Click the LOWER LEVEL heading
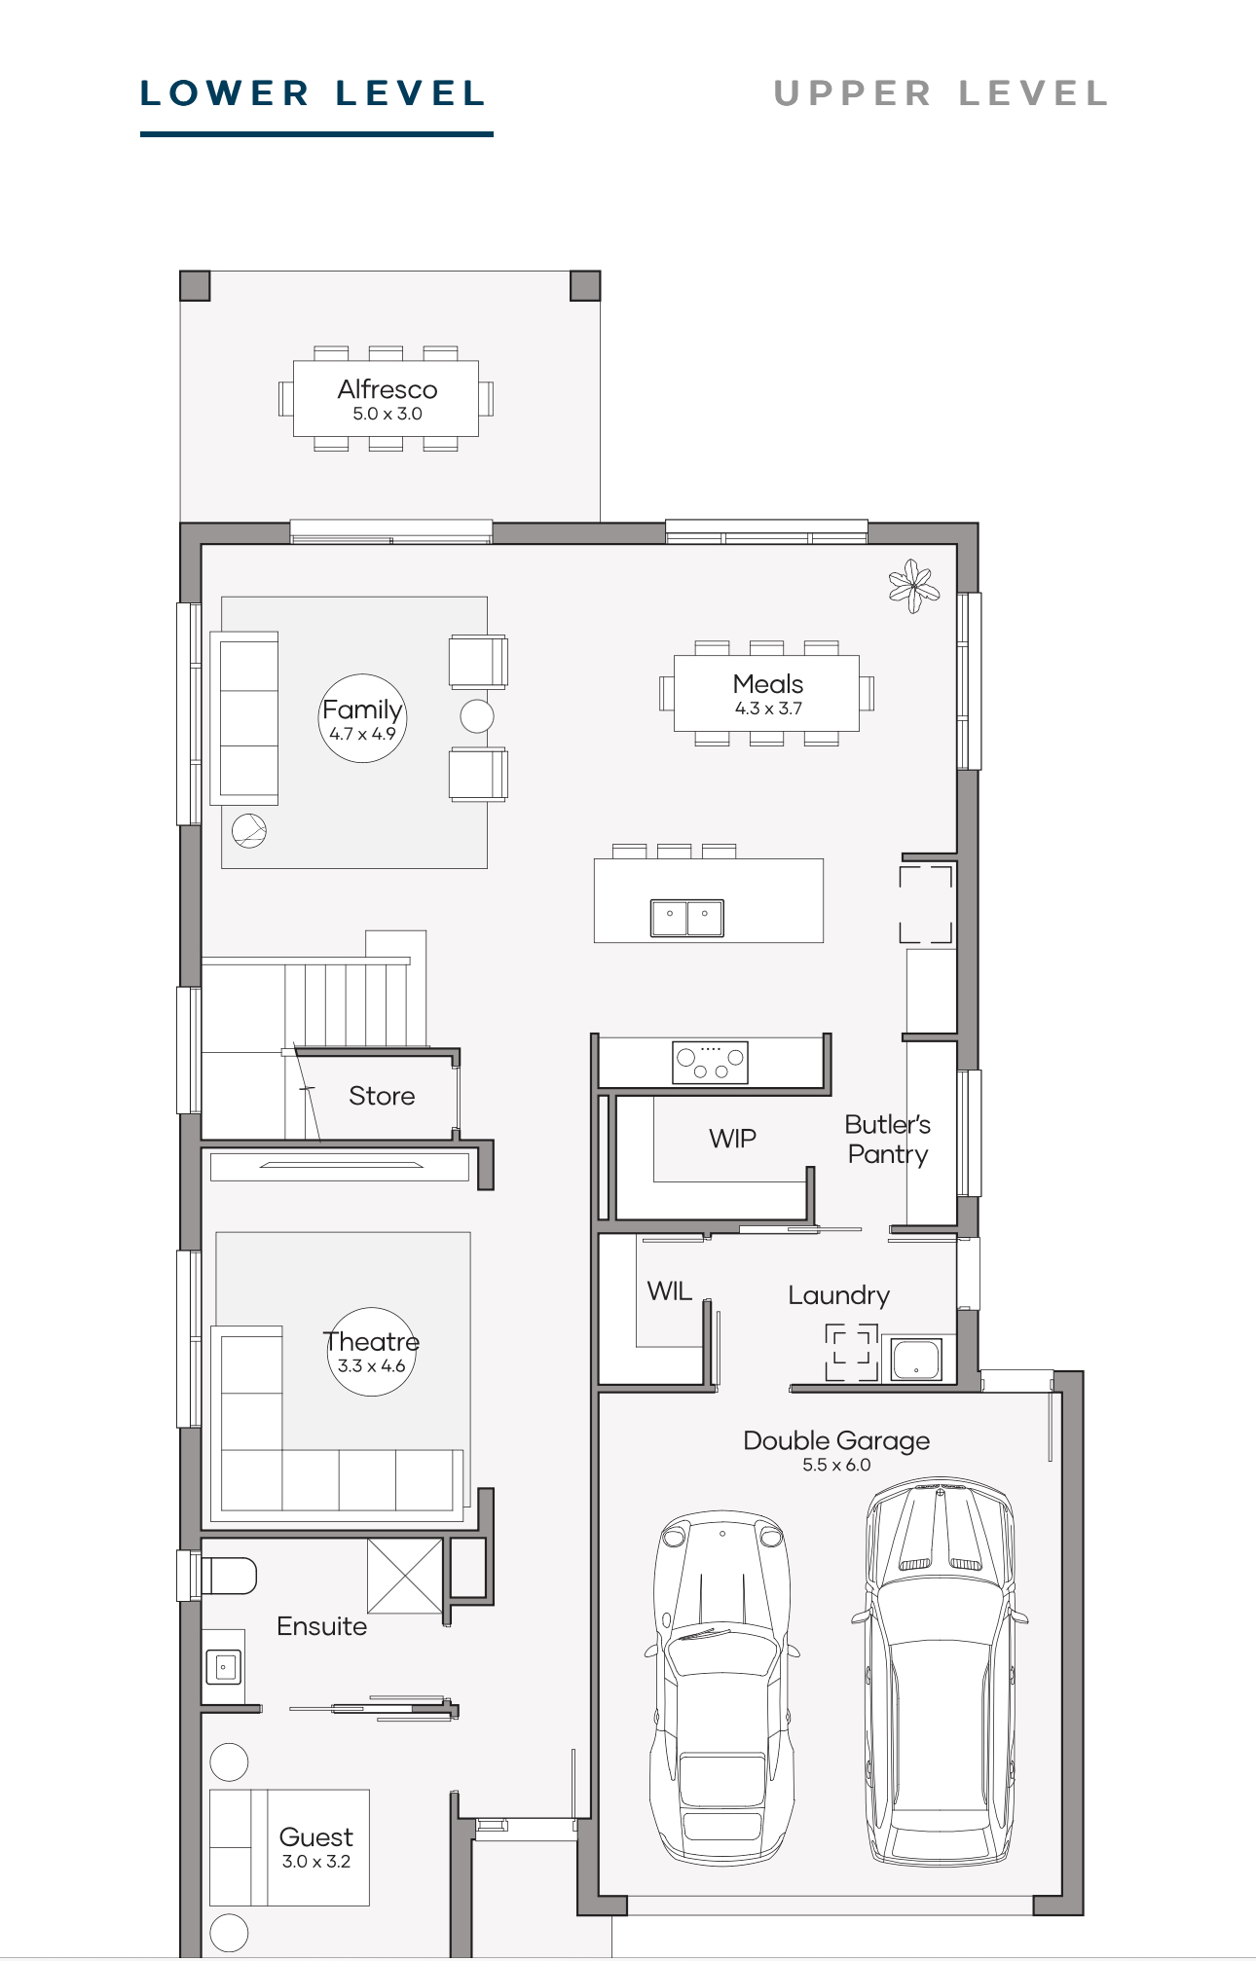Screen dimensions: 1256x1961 [x=313, y=93]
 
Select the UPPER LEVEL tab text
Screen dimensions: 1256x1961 [x=941, y=93]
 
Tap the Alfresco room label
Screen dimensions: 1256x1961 [x=388, y=389]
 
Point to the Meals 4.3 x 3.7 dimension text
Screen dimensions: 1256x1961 [x=768, y=708]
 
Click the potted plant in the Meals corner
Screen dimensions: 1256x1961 [x=913, y=586]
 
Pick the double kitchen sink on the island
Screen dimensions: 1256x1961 [x=687, y=918]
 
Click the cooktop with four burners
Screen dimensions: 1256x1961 [x=710, y=1062]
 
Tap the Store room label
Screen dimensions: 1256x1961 [x=382, y=1096]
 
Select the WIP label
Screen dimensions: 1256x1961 [x=732, y=1139]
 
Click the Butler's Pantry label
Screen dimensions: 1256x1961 [x=888, y=1140]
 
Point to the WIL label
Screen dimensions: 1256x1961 [x=670, y=1291]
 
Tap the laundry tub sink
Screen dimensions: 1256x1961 [x=916, y=1360]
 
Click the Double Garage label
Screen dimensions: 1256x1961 [x=836, y=1440]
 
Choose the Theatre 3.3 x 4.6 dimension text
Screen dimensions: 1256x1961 [x=371, y=1366]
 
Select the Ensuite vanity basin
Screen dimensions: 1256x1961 [x=223, y=1667]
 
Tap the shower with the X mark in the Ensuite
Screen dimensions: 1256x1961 [x=405, y=1576]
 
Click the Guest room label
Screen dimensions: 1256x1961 [x=316, y=1837]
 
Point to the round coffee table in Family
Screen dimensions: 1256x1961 [x=477, y=716]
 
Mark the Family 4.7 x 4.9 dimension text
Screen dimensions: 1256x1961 [x=362, y=734]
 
